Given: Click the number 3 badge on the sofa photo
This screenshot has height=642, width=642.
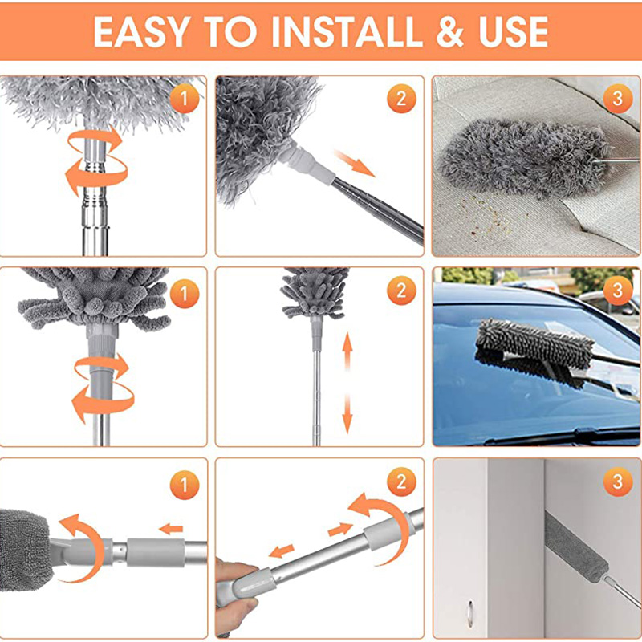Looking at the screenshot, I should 616,99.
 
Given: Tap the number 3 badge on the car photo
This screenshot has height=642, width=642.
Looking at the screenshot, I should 616,291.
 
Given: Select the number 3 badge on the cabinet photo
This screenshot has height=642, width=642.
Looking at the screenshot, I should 616,481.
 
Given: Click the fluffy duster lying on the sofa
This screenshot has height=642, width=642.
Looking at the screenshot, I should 514,160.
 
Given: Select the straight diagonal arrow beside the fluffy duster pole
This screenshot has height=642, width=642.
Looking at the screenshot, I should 354,165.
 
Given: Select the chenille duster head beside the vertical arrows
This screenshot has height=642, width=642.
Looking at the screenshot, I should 315,292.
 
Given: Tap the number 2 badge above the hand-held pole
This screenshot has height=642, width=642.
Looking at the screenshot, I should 400,481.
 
